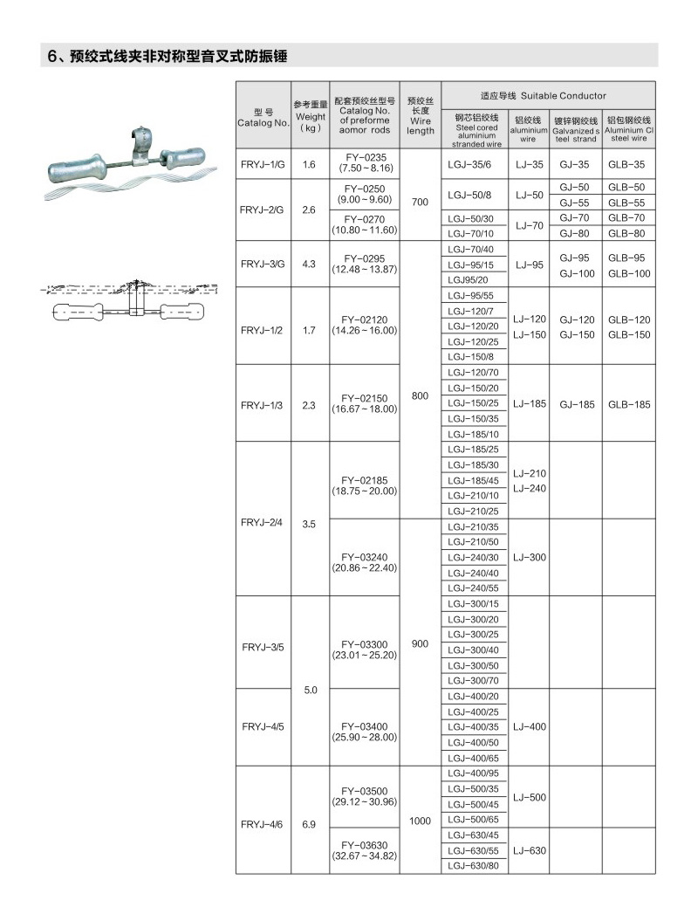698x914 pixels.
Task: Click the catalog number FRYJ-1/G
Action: point(263,164)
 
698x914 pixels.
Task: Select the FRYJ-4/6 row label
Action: point(263,821)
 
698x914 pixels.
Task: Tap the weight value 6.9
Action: point(309,821)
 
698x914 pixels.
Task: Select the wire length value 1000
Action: point(420,821)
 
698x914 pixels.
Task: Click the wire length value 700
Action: point(420,202)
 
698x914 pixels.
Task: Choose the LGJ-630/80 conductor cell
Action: point(473,865)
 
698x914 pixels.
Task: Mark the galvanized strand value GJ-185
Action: point(577,404)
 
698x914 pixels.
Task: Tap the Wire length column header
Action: point(420,116)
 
